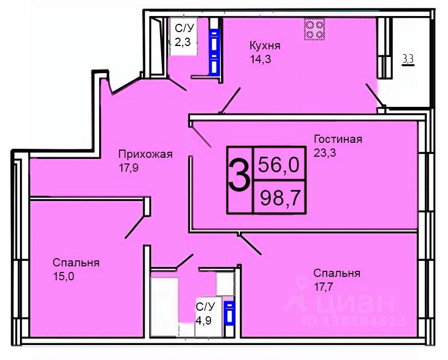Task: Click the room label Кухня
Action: coord(265,46)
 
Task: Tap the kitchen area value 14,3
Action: coord(260,59)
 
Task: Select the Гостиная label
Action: coord(338,139)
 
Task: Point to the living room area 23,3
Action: coord(325,153)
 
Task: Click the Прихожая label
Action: coord(146,155)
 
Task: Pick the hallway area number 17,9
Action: coord(129,168)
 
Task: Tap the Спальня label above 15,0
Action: coord(76,263)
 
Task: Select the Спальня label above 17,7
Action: coord(337,273)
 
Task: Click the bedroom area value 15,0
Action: coord(64,276)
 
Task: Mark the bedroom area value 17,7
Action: coord(323,286)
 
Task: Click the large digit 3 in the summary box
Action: coord(239,176)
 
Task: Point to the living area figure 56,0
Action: coord(279,165)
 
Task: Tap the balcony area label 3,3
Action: coord(408,59)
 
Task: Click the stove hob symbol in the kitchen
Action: coord(315,29)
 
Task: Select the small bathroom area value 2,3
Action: coord(183,43)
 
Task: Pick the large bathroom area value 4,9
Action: coord(203,321)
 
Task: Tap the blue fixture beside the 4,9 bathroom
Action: coord(229,313)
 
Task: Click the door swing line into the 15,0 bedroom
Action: coord(134,227)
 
